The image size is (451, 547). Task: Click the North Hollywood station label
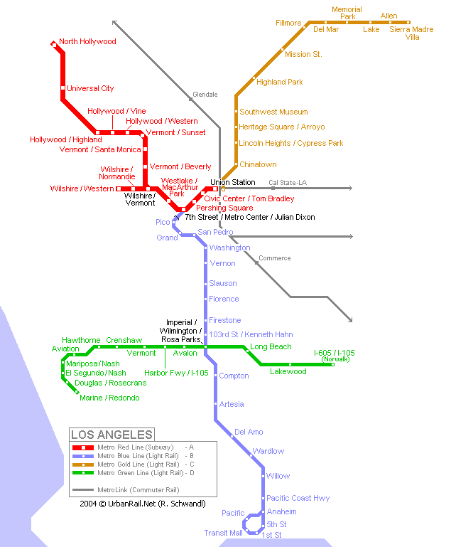87,42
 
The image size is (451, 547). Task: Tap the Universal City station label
90,89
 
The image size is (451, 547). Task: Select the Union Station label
232,183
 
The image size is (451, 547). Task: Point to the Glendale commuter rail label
205,95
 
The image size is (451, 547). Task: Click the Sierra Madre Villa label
411,33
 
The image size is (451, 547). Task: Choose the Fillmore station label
288,23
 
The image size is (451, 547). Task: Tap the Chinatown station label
258,165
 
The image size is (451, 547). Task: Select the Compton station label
234,376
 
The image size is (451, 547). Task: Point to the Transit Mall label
223,533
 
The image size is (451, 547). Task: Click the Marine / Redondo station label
109,398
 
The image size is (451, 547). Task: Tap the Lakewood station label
288,372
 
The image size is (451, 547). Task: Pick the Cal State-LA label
287,183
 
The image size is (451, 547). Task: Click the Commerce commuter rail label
274,259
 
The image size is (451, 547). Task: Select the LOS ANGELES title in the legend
112,435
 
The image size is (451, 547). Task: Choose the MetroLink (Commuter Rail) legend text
138,490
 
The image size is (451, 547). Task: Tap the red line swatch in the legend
83,447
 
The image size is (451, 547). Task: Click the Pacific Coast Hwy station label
298,499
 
